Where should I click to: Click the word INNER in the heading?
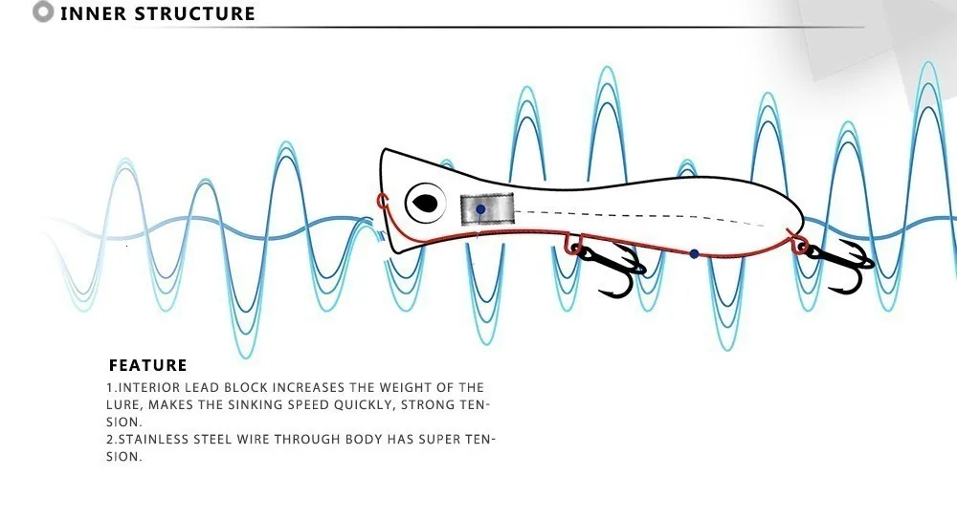[93, 13]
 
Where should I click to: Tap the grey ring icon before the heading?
[43, 12]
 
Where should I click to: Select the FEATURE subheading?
[148, 365]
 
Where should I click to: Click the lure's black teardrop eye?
[423, 203]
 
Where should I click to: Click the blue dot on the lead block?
[480, 208]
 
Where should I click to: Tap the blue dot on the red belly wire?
[695, 254]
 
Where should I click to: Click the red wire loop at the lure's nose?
[382, 201]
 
